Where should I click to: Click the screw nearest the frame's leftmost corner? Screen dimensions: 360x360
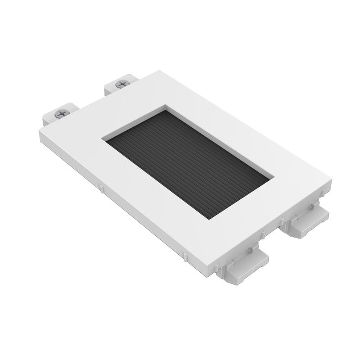click(x=62, y=114)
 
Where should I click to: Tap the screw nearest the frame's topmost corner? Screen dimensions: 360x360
click(x=122, y=84)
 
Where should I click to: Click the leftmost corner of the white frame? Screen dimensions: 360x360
click(x=40, y=130)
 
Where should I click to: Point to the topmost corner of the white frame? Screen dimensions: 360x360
click(x=159, y=71)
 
